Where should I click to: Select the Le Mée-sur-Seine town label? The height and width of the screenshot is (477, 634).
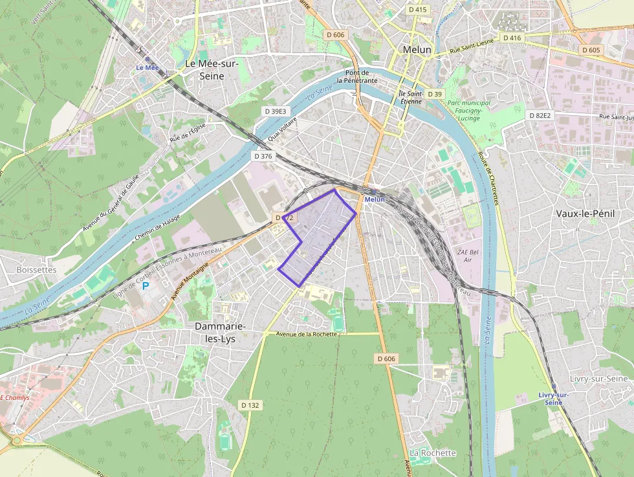click(x=212, y=69)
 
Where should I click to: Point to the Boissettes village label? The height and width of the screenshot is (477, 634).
click(x=36, y=269)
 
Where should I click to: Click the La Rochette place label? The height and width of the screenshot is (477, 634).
click(x=433, y=452)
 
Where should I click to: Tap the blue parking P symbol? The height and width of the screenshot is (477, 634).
click(x=146, y=285)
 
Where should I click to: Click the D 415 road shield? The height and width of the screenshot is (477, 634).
click(x=418, y=10)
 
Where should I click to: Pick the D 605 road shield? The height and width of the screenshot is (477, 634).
click(x=591, y=50)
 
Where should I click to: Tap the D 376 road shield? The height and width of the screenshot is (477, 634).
click(x=263, y=156)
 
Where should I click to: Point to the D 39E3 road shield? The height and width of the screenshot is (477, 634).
click(x=275, y=111)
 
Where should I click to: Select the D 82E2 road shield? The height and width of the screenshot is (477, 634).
click(x=540, y=115)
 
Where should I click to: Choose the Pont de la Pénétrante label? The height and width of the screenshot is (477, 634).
click(x=361, y=76)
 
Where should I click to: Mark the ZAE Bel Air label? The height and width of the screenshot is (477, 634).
click(x=469, y=255)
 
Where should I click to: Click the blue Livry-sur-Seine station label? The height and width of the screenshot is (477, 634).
click(x=553, y=398)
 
